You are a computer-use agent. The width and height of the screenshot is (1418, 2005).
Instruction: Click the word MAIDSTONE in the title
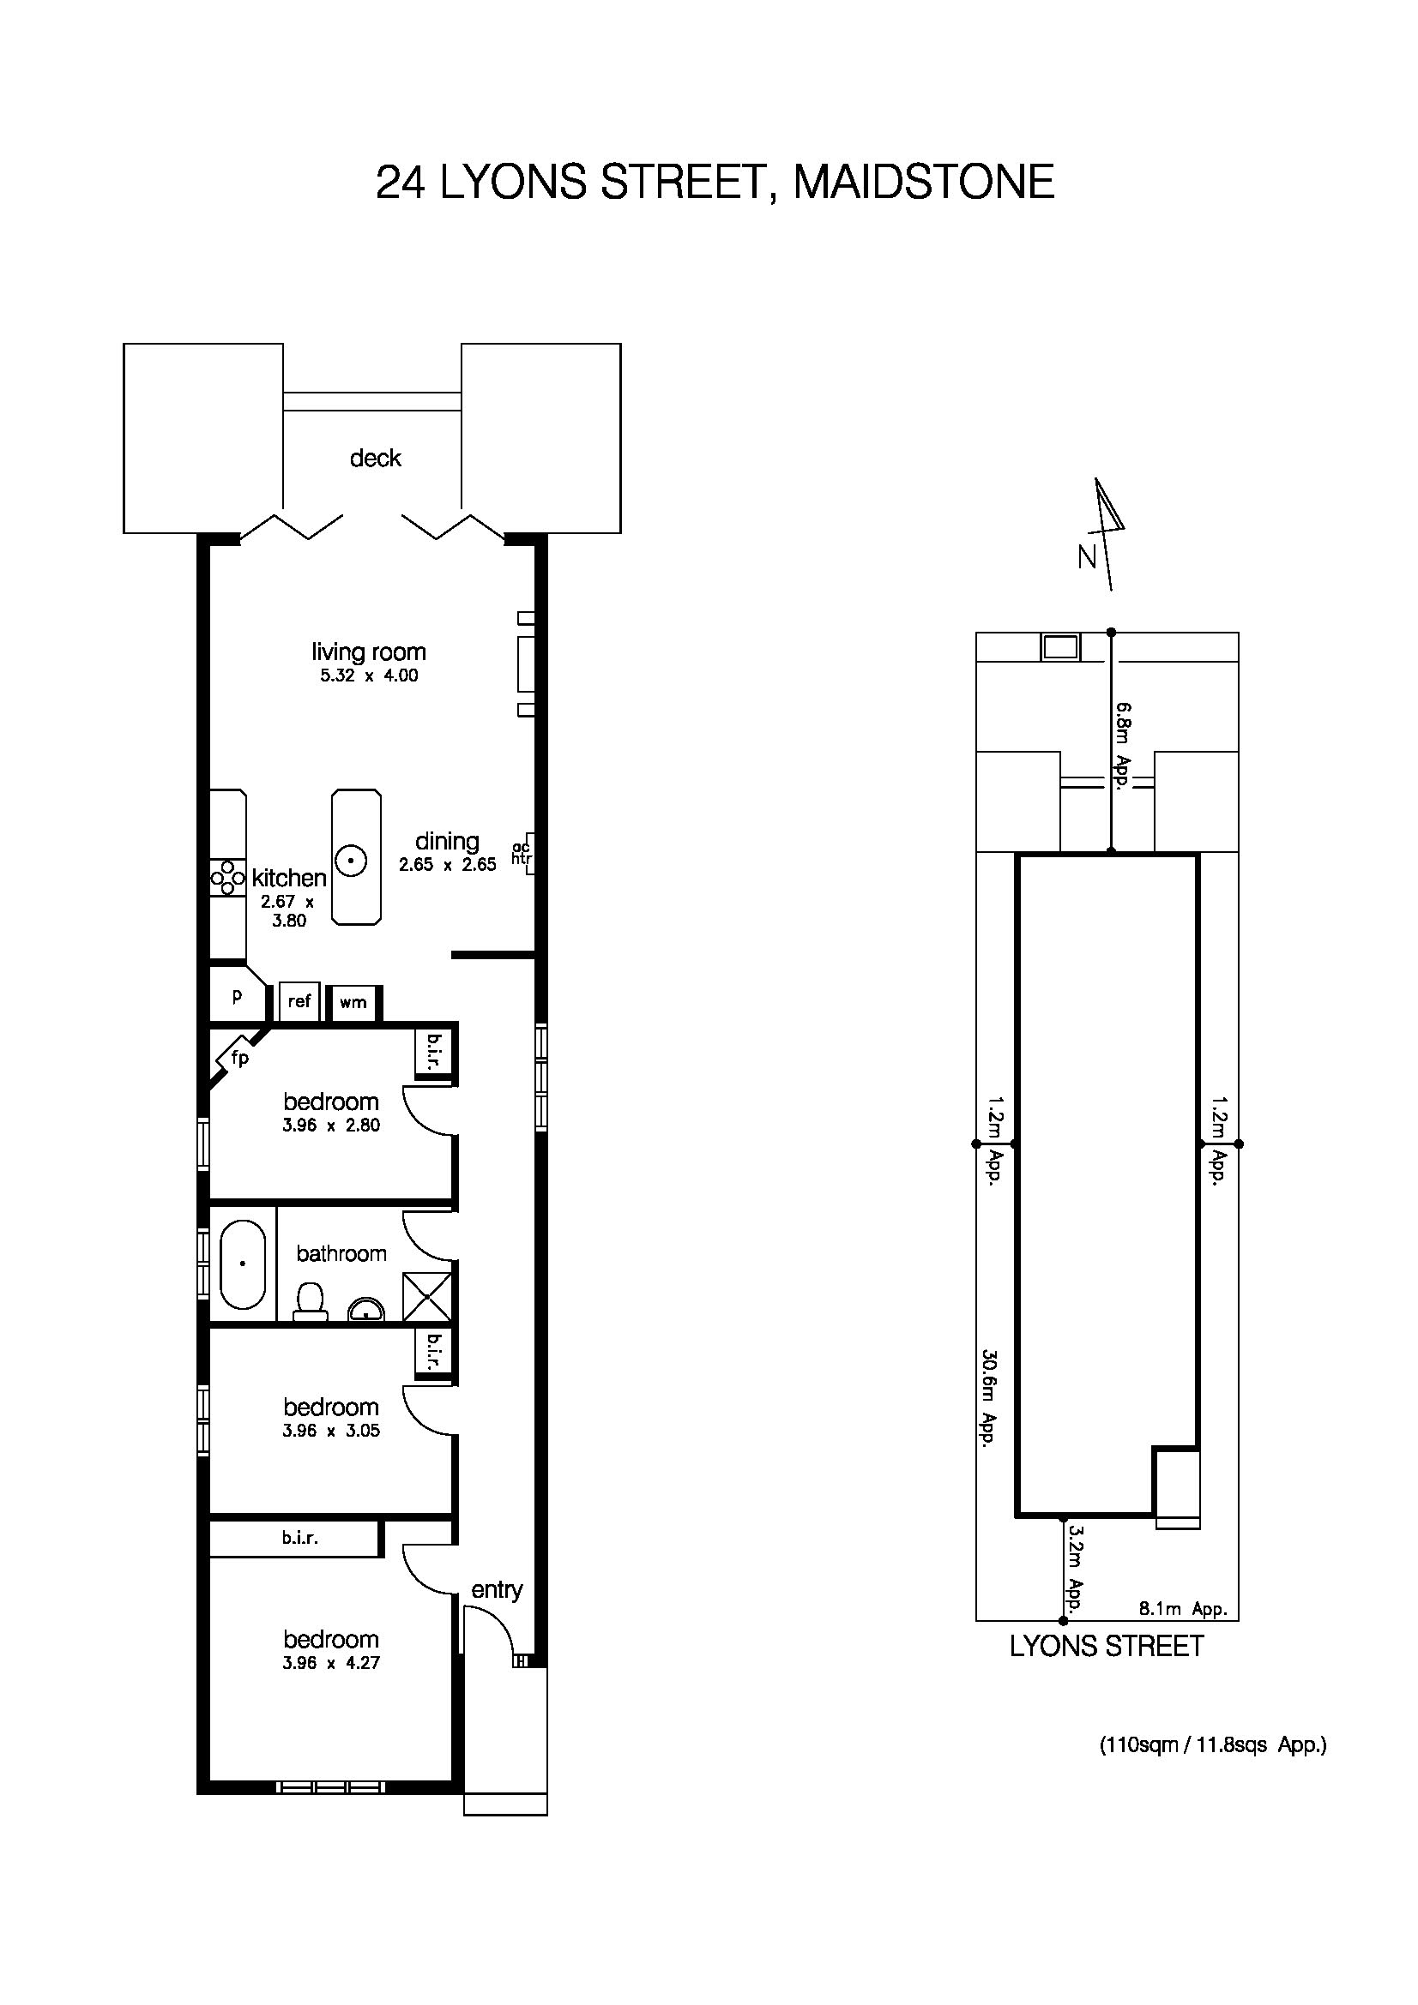(924, 182)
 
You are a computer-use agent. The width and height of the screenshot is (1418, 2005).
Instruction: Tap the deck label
(375, 458)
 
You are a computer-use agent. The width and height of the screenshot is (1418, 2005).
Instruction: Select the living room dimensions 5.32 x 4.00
(369, 675)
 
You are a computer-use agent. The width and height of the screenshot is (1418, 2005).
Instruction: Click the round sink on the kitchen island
(351, 861)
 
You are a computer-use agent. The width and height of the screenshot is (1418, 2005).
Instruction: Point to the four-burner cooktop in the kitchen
(227, 878)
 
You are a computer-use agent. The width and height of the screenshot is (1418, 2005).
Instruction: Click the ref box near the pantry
(299, 1000)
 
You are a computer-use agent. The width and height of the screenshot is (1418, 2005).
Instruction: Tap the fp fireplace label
(239, 1059)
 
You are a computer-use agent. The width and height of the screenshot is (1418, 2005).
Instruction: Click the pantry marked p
(236, 996)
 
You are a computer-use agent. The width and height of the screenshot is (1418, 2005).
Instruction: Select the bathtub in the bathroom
(242, 1264)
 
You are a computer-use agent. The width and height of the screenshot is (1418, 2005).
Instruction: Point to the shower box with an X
(426, 1297)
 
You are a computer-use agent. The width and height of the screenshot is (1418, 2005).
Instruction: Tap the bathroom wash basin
(366, 1310)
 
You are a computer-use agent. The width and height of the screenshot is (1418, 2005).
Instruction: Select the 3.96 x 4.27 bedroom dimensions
(331, 1663)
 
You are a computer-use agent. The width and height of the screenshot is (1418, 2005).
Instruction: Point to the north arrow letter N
(1087, 557)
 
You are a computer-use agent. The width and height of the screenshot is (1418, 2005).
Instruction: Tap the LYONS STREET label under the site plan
(1106, 1646)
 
